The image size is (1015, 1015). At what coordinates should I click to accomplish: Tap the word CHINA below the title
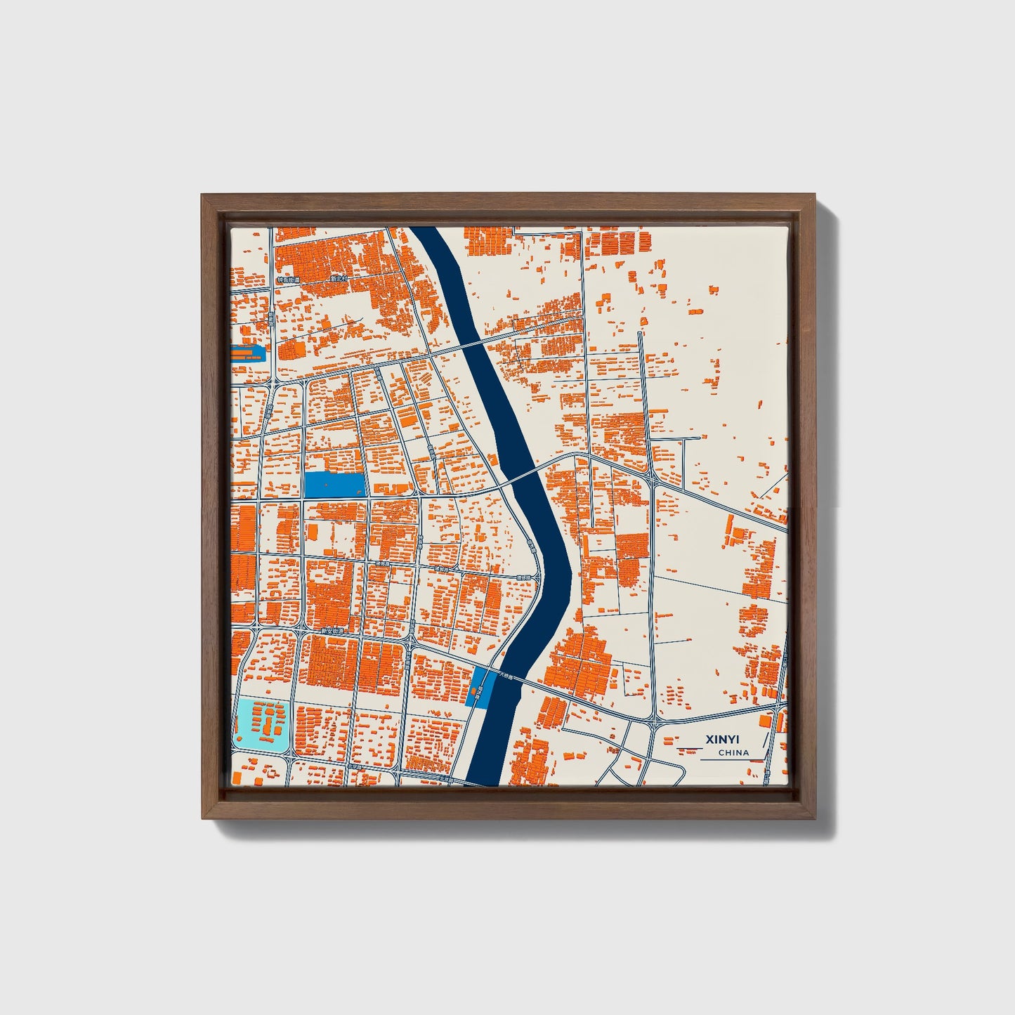pos(733,753)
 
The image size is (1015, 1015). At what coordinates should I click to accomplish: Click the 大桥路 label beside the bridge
pos(505,678)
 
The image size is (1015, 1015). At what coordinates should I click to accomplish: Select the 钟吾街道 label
pos(289,280)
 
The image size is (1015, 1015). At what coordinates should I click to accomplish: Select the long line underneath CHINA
pos(731,760)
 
